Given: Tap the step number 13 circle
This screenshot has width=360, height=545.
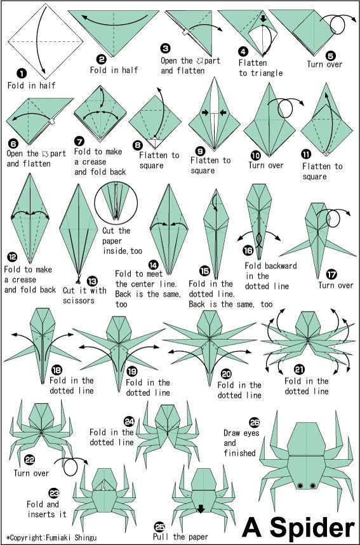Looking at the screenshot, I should tap(93, 280).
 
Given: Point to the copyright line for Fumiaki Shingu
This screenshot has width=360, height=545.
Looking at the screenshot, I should tap(53, 537).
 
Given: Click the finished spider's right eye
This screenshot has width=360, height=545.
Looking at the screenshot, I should tap(313, 486).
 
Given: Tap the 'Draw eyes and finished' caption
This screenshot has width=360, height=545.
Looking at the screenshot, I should tap(239, 443).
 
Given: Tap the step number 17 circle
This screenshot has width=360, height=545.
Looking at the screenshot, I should tap(331, 274).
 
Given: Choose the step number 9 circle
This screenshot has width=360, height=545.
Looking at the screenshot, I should tap(200, 151).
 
